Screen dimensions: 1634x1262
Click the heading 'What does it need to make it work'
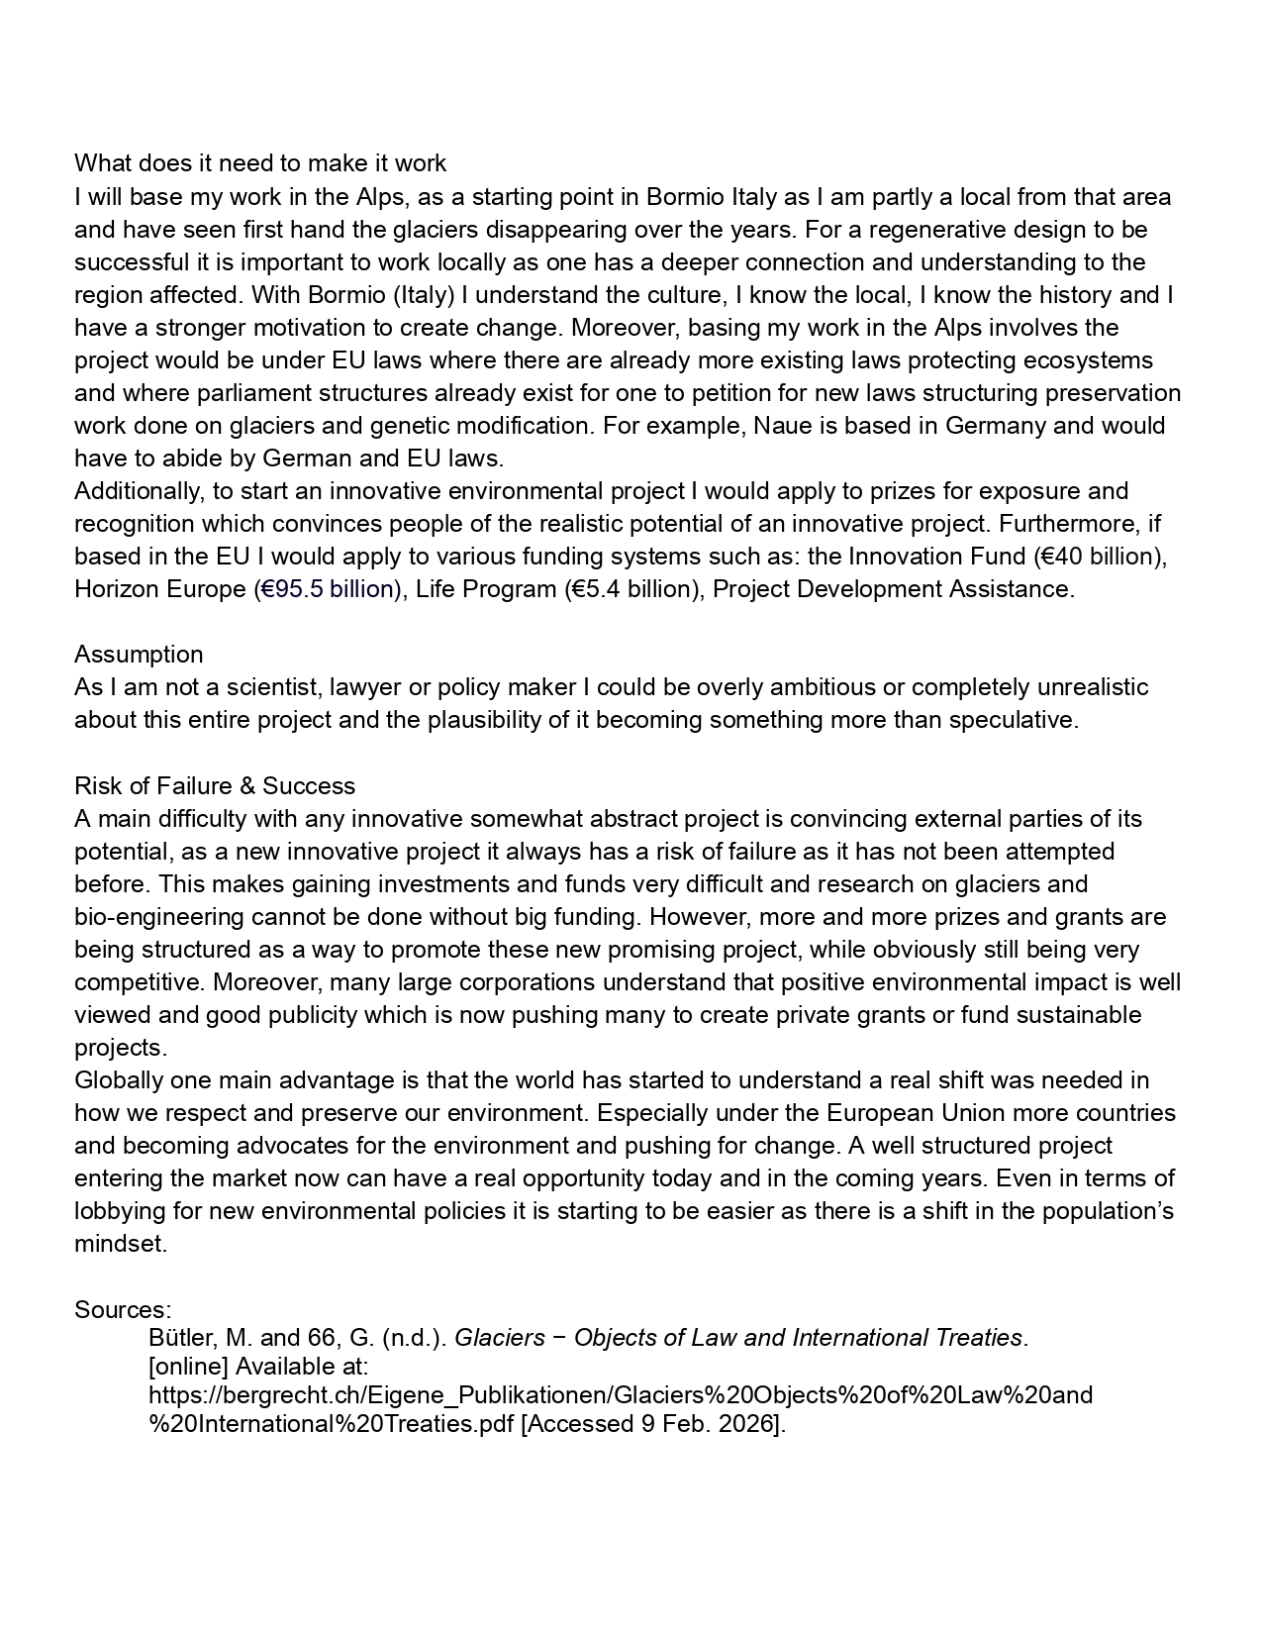pyautogui.click(x=260, y=163)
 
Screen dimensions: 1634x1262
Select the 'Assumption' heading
pyautogui.click(x=139, y=655)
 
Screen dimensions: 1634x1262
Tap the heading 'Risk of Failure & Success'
pyautogui.click(x=215, y=786)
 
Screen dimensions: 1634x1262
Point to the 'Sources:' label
pyautogui.click(x=123, y=1309)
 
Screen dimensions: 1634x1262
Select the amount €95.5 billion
pyautogui.click(x=328, y=589)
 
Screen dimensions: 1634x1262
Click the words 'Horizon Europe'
pyautogui.click(x=159, y=589)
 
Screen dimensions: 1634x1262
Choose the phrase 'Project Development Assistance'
pyautogui.click(x=891, y=589)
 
